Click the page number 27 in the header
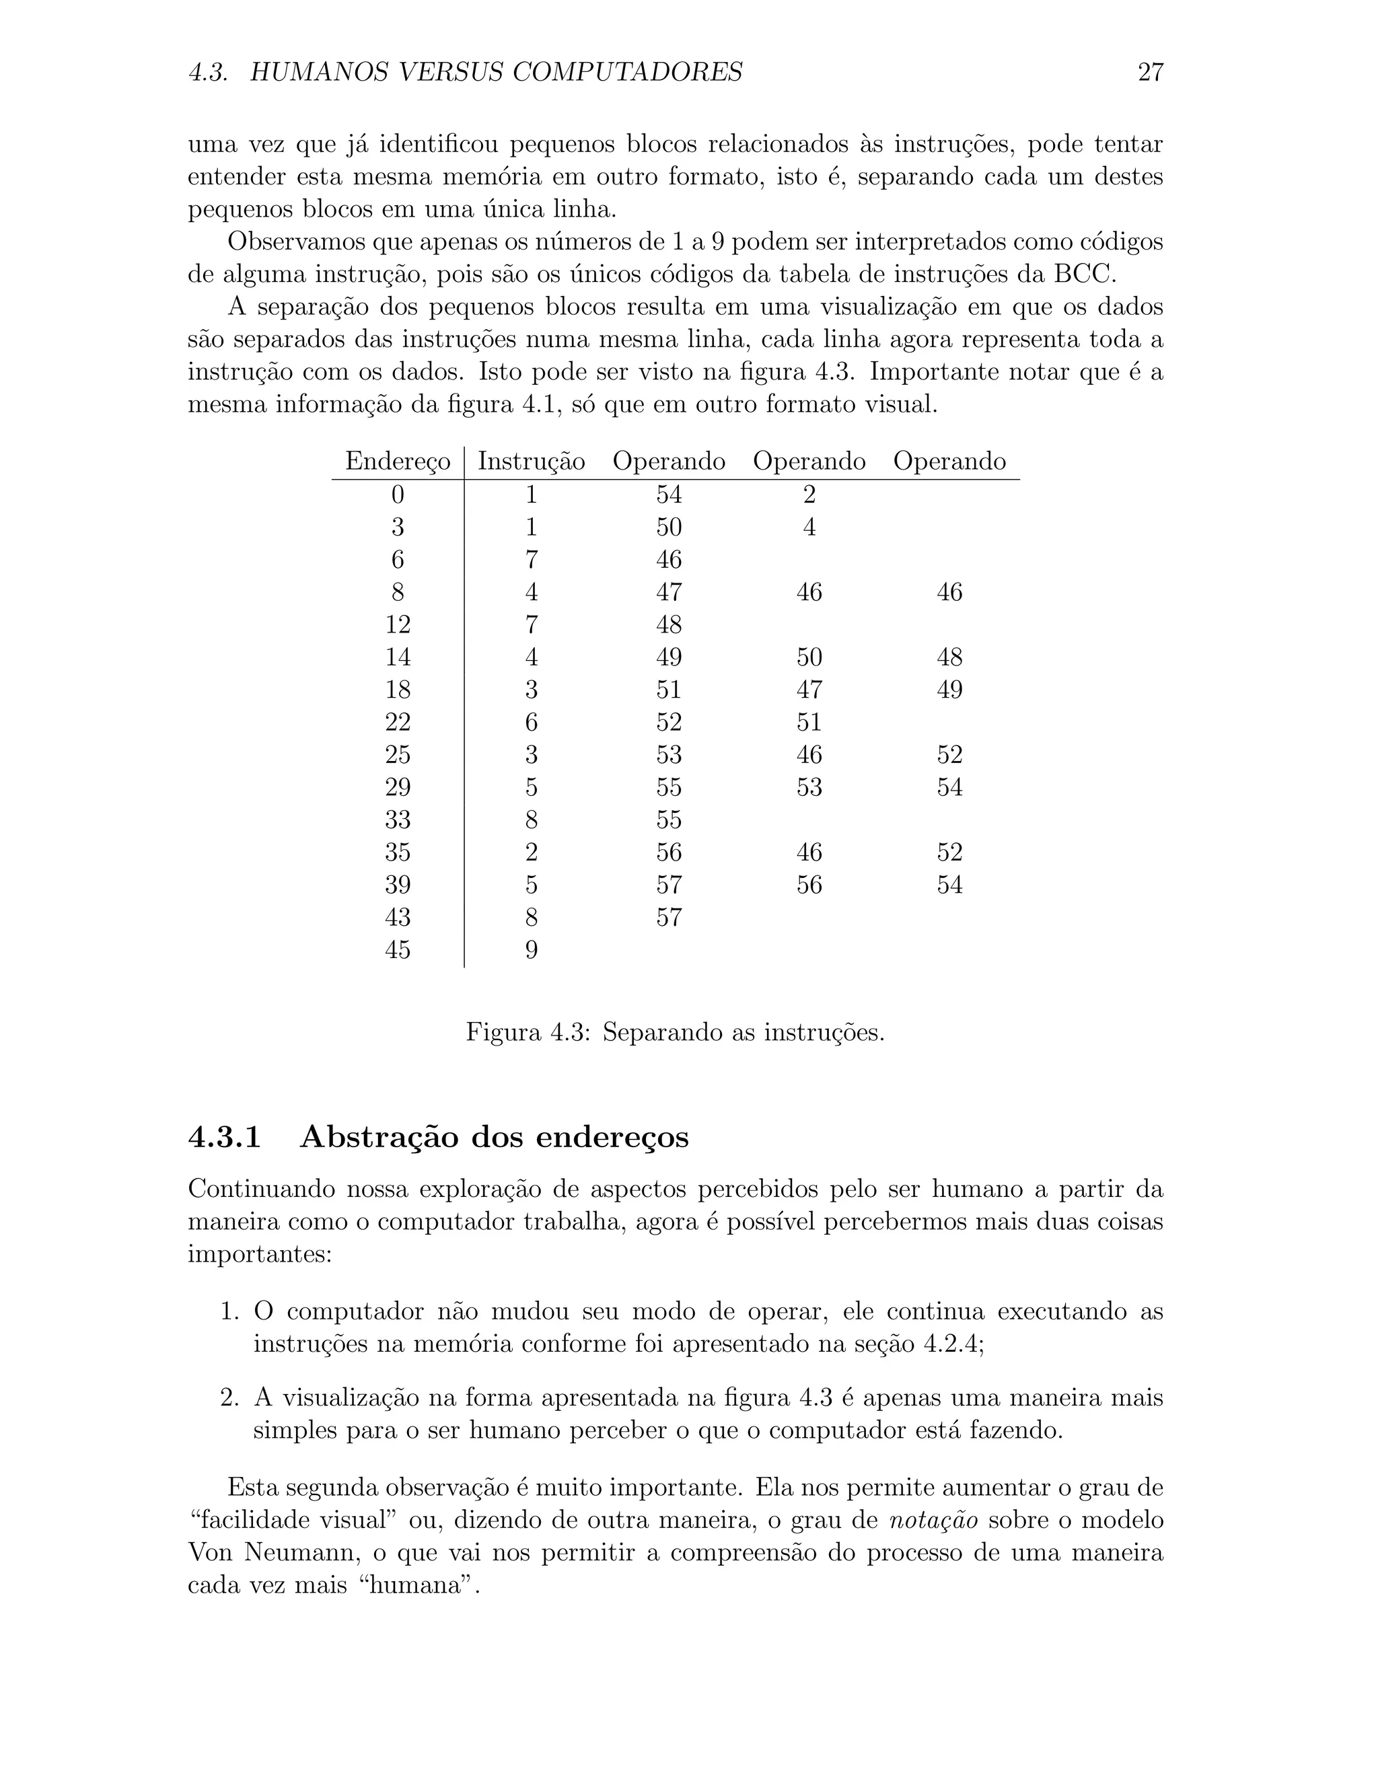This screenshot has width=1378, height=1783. coord(1149,73)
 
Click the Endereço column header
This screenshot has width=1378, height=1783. coord(398,462)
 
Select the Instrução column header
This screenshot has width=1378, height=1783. coord(531,462)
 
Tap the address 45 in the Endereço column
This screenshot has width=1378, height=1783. coord(398,950)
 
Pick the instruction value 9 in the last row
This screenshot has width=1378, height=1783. coord(531,950)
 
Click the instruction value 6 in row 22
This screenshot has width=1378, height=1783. coord(531,723)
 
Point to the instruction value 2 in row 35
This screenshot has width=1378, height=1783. coord(531,852)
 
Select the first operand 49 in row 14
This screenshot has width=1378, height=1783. coord(669,657)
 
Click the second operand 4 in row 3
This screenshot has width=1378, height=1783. coord(809,527)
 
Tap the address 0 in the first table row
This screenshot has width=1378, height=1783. coord(398,495)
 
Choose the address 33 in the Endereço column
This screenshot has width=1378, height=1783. coord(398,820)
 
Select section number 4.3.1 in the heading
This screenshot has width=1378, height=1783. coord(225,1137)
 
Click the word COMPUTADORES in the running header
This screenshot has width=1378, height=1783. coord(627,73)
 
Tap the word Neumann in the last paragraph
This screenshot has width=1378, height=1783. coord(299,1553)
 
